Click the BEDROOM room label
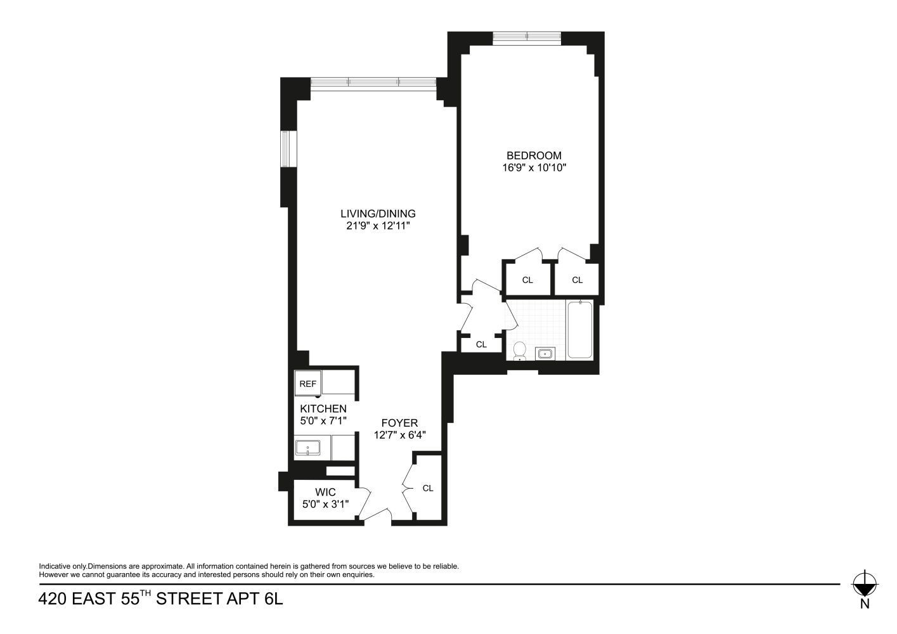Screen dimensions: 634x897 coord(534,155)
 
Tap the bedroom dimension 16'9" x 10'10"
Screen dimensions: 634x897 coord(534,168)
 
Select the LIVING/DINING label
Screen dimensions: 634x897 coord(378,214)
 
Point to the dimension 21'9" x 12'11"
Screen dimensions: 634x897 coord(378,226)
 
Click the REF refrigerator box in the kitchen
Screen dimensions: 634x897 coord(308,384)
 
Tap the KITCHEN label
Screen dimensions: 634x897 coord(323,409)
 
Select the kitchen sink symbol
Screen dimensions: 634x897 coord(308,448)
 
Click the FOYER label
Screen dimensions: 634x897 coord(399,423)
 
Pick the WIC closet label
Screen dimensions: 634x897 coord(325,492)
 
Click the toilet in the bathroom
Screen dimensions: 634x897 coord(520,351)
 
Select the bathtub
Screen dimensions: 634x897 coord(579,330)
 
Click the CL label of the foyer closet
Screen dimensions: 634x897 coord(428,488)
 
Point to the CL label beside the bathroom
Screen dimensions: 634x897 coord(481,344)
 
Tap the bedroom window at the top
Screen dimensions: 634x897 coord(527,37)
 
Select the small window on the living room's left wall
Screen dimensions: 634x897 coord(289,149)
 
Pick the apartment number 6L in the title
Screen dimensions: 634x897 coord(272,599)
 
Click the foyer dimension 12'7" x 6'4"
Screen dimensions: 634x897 coord(399,435)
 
